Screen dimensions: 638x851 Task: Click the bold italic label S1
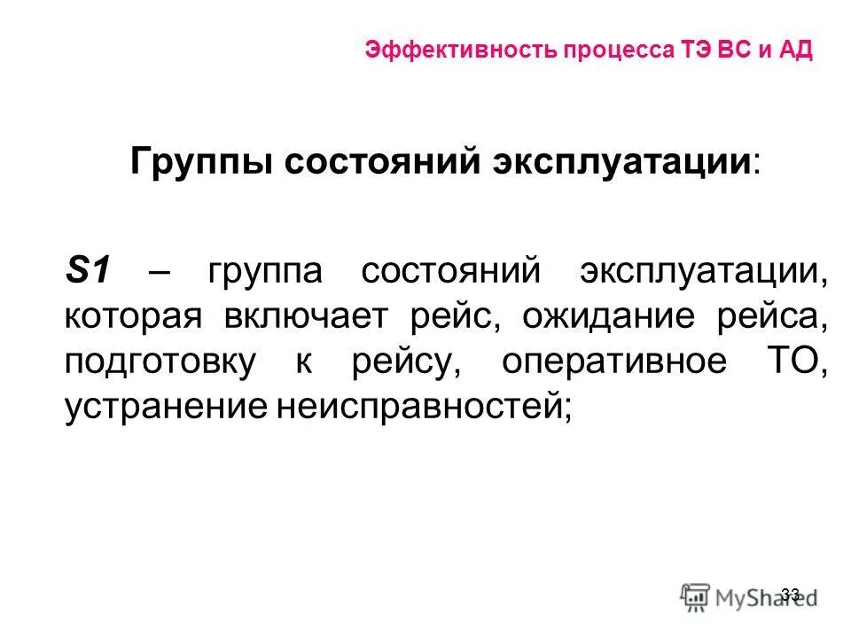coord(86,269)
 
